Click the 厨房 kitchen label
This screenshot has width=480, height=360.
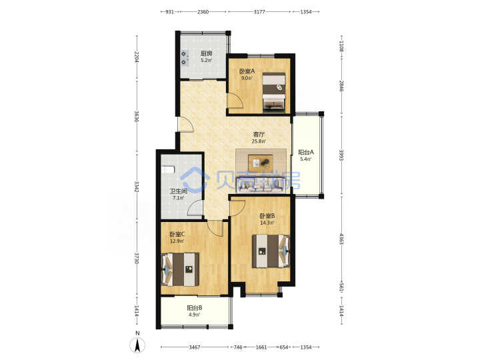pos(206,53)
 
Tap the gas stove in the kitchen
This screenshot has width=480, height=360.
pos(184,58)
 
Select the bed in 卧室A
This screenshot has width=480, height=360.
pos(274,92)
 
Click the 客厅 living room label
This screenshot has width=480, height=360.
pos(259,134)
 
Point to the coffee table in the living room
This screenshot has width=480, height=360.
pos(261,163)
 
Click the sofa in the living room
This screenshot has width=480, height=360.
pos(261,185)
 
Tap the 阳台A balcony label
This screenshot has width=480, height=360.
pos(306,152)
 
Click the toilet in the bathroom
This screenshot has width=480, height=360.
pos(168,169)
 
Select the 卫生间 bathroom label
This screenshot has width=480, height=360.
pos(179,191)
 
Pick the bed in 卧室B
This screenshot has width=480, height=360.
pos(271,251)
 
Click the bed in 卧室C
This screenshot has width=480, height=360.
pos(180,269)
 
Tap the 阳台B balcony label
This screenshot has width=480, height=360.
pos(195,308)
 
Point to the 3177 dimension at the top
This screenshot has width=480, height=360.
pos(259,12)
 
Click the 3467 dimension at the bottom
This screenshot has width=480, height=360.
pos(195,347)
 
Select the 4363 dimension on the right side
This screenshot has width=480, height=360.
pos(341,239)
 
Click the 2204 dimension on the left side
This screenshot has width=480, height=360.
pos(137,57)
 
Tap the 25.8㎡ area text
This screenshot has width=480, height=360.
pos(259,141)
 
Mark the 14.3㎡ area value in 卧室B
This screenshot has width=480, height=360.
pos(267,223)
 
